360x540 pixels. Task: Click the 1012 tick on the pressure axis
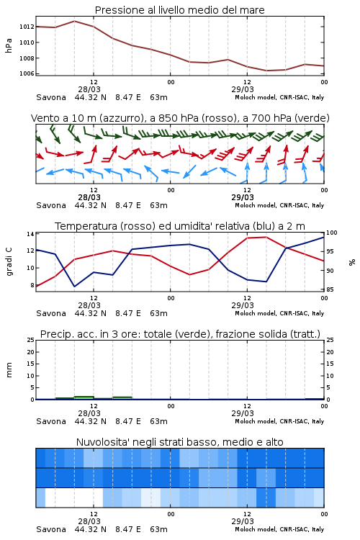27,27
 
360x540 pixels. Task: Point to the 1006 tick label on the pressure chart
27,73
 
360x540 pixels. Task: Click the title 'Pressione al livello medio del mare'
180,10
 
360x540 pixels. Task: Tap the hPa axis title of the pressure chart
9,45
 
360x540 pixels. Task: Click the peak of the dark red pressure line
74,21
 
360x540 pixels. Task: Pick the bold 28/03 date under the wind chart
89,197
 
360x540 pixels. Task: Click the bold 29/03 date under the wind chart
243,197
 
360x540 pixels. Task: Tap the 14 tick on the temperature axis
30,234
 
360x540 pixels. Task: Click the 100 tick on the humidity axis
331,233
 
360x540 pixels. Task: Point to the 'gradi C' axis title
9,261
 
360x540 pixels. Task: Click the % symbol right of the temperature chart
352,262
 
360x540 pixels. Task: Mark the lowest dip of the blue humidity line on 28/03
74,287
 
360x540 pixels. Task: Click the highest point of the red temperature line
266,237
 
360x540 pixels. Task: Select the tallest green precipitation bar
84,397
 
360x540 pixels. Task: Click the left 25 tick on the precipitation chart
31,340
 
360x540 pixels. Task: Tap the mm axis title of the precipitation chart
9,370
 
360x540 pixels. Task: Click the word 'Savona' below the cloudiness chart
51,529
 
